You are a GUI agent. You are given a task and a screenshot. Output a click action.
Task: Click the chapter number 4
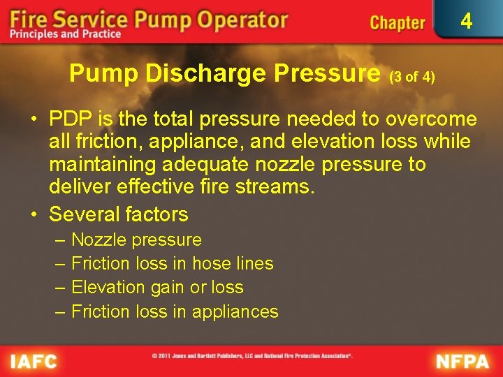[x=466, y=22]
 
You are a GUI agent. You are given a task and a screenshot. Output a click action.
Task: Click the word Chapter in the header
[x=397, y=23]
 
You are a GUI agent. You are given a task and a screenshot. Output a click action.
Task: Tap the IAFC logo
[x=34, y=361]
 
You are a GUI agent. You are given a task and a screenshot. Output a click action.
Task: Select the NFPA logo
[x=463, y=361]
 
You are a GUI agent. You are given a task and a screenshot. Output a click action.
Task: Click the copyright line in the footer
[x=252, y=356]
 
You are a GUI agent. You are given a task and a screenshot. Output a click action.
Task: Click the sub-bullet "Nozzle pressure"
[x=136, y=240]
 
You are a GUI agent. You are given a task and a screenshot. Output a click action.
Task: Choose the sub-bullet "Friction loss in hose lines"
[x=172, y=264]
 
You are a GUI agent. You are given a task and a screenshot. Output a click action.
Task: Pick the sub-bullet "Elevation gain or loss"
[x=157, y=288]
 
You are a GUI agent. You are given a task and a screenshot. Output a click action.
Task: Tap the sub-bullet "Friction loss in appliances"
[x=175, y=311]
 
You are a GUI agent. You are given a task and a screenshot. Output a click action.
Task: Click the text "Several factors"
[x=119, y=214]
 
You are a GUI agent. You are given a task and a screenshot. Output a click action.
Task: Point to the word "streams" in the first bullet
[x=279, y=188]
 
